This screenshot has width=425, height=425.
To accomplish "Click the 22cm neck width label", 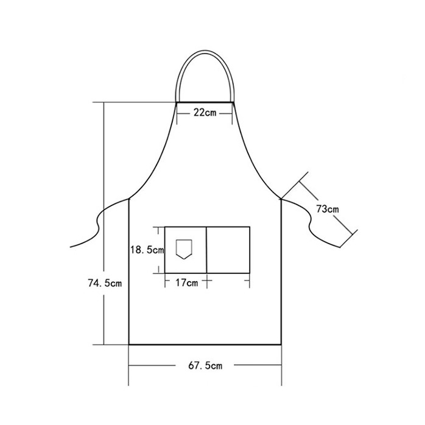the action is coord(205,113).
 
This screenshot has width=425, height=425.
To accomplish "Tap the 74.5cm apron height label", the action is coord(105,283).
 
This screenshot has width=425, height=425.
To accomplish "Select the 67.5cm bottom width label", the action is coord(205,366).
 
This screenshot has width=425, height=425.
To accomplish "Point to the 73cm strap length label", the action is coord(328,209).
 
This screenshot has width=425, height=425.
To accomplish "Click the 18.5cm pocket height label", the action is coord(147,250).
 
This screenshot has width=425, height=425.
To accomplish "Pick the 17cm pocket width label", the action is coord(187,283).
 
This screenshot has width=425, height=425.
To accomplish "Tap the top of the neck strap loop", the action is coord(205,52).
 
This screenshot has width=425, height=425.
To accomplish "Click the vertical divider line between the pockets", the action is coord(206,250).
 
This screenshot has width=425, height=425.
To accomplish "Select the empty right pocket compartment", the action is coord(228,250).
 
